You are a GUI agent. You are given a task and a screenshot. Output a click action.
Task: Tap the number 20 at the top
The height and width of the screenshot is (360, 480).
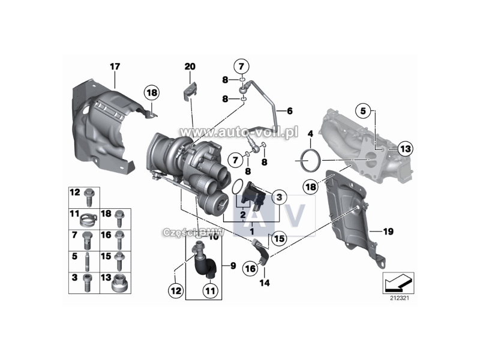(x=190, y=66)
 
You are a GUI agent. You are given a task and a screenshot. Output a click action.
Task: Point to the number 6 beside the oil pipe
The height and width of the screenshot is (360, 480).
(x=289, y=111)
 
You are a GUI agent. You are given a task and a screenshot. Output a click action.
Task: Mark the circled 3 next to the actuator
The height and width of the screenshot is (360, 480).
(x=278, y=197)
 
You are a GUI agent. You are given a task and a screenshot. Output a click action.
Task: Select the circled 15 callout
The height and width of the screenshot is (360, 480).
(x=278, y=239)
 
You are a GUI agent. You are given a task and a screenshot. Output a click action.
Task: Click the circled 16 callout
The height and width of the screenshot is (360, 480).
(x=250, y=269)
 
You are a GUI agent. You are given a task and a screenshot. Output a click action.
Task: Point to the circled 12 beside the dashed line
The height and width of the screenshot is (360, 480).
(x=175, y=292)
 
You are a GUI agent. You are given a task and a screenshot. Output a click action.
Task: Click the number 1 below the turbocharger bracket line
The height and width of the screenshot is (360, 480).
(x=253, y=230)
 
